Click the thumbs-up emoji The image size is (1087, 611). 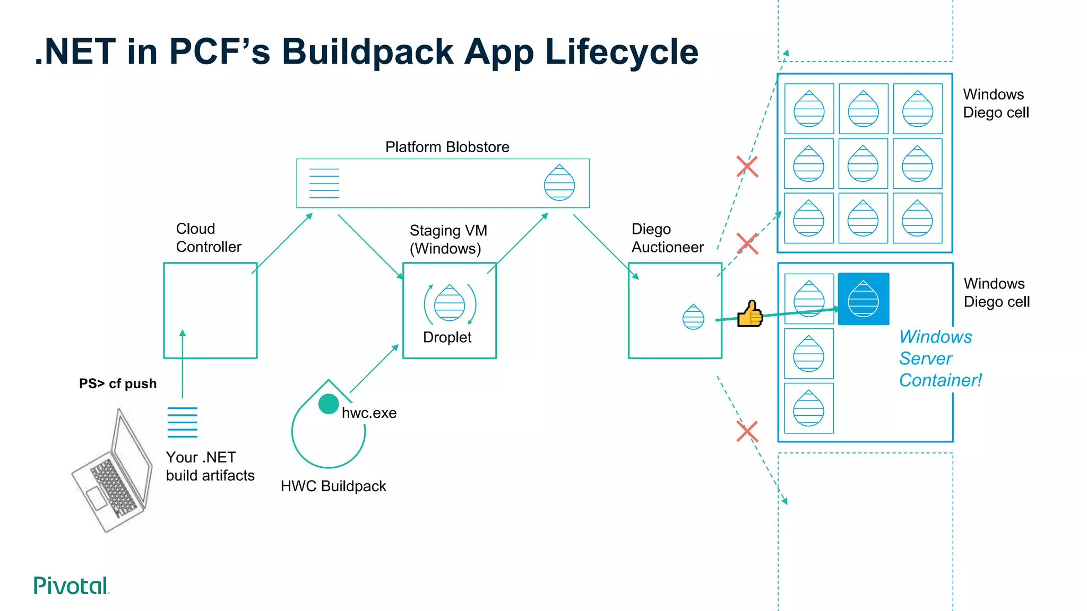tap(750, 314)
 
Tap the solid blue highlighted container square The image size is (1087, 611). tap(864, 299)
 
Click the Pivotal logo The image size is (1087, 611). tap(71, 586)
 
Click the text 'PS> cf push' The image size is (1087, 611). tap(118, 383)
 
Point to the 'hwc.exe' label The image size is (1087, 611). tap(369, 413)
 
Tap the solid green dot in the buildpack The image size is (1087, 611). tap(329, 404)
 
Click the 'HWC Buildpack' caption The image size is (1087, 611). tap(333, 486)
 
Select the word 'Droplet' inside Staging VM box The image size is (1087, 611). tap(447, 337)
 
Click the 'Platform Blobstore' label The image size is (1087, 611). tap(447, 147)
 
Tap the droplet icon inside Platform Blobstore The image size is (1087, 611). tap(559, 183)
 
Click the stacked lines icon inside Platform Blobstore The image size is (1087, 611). tap(324, 184)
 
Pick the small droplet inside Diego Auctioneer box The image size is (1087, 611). tap(693, 317)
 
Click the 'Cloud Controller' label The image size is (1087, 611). tap(208, 238)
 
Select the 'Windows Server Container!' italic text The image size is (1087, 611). tap(940, 359)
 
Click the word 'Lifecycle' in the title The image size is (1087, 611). tap(622, 52)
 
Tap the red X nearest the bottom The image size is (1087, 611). tap(747, 431)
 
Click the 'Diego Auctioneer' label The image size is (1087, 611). tap(667, 238)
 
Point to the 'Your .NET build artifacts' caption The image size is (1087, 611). tap(210, 466)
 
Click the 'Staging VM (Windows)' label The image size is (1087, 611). tap(448, 239)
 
